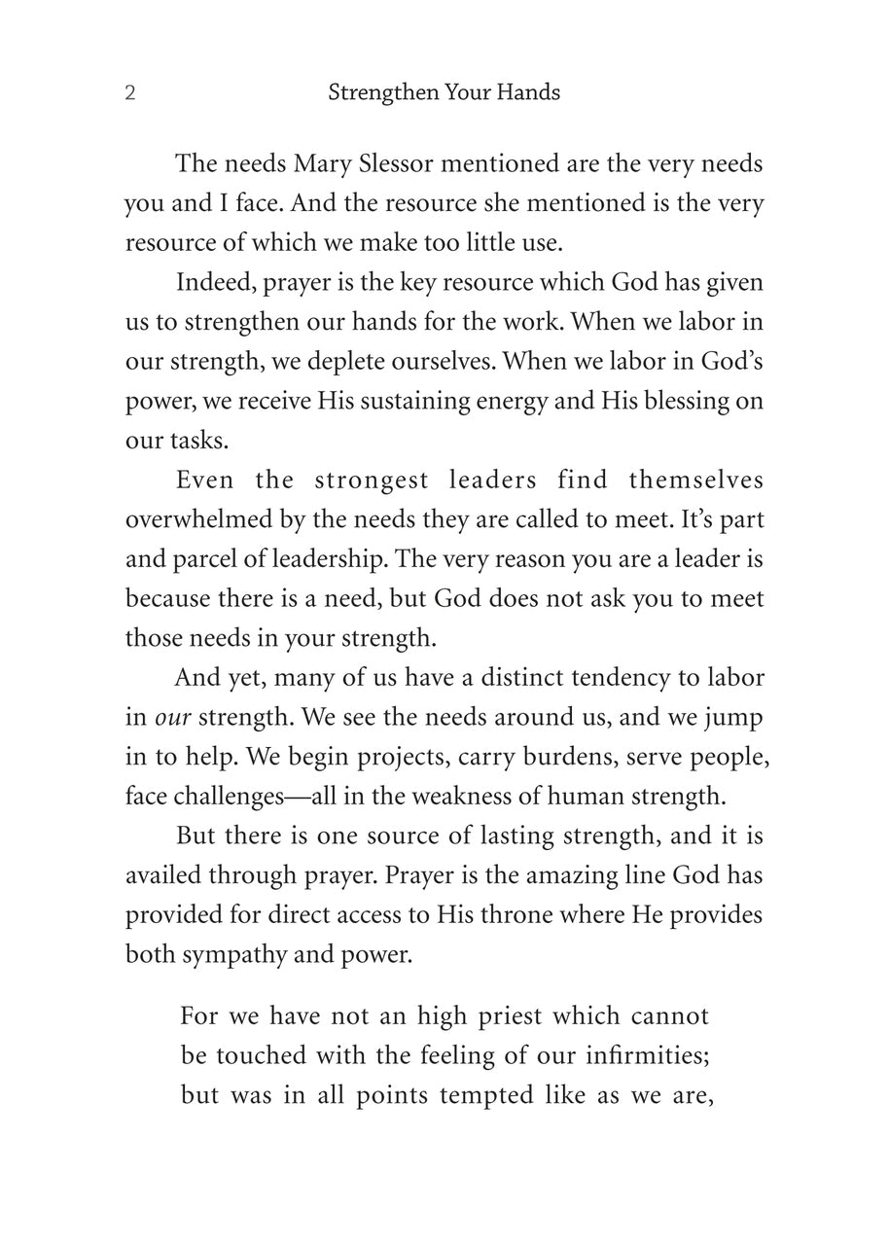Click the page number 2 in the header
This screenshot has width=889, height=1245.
(x=130, y=93)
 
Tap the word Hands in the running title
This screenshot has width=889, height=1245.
(x=530, y=93)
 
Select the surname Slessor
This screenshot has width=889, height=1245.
(x=390, y=163)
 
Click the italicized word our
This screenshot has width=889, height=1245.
(x=173, y=718)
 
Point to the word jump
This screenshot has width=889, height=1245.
(x=738, y=718)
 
